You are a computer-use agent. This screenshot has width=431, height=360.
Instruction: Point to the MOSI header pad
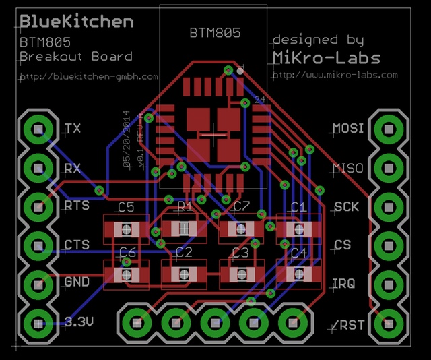(x=389, y=128)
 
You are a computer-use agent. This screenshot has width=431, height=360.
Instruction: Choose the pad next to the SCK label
(x=389, y=206)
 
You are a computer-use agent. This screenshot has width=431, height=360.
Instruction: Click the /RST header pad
(x=389, y=322)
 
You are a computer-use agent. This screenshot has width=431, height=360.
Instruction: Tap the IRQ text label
(x=343, y=283)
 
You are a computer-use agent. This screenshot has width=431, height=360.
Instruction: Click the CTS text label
(x=76, y=244)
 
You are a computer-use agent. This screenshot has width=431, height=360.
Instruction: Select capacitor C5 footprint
(x=125, y=230)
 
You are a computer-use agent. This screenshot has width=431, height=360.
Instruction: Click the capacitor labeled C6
(x=125, y=274)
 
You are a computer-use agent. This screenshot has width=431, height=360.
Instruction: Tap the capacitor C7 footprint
(x=241, y=229)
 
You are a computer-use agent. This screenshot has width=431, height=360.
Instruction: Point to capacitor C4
(x=298, y=274)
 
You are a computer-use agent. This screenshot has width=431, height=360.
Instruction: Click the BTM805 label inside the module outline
(x=213, y=32)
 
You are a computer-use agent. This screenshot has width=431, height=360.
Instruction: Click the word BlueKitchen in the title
(x=76, y=21)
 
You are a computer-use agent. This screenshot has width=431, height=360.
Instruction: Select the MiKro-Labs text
(x=326, y=57)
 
